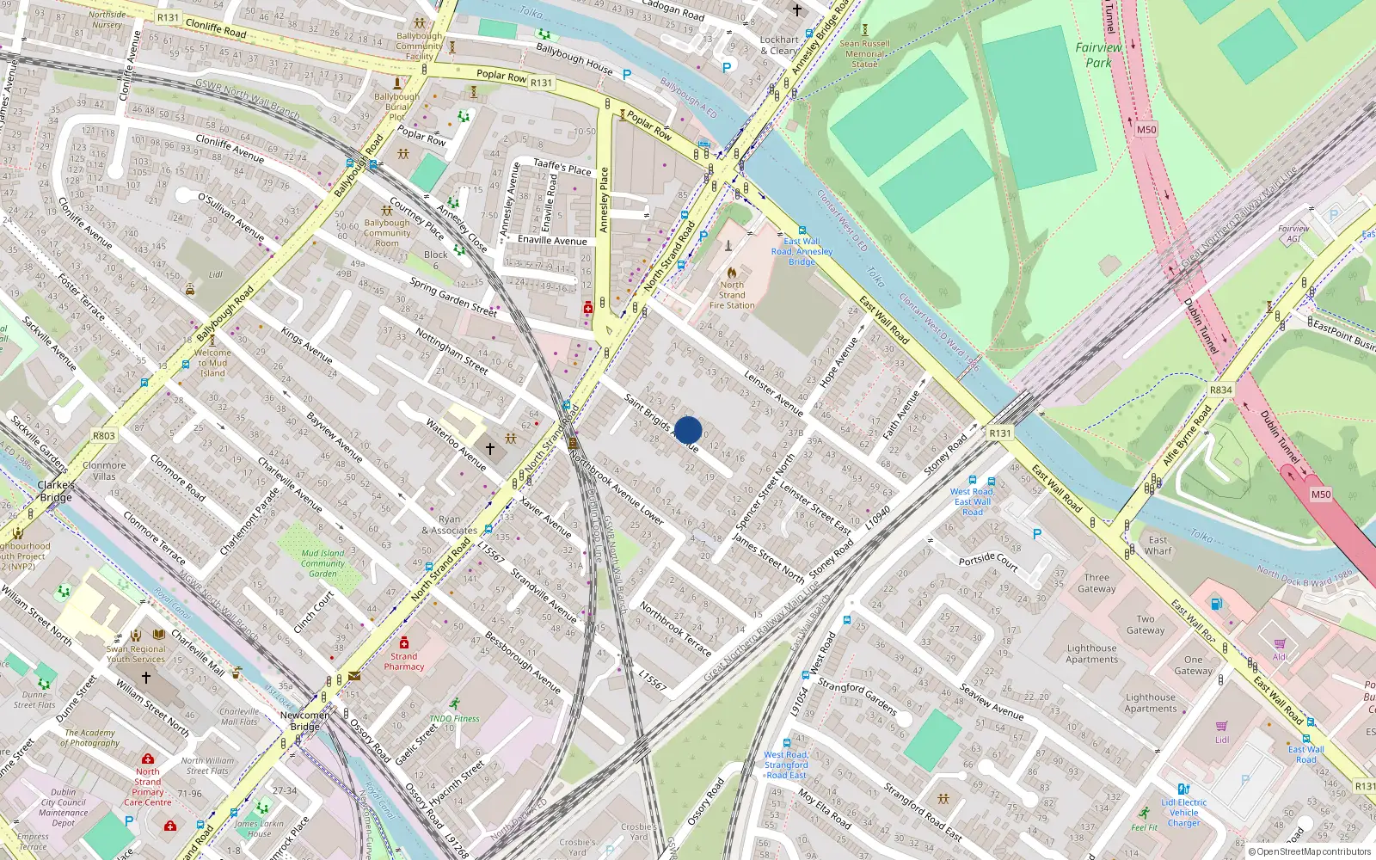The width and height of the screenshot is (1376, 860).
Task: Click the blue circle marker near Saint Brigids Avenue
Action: tap(688, 430)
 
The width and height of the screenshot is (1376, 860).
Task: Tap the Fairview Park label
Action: tap(1098, 55)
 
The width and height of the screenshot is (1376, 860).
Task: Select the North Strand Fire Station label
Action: tap(732, 295)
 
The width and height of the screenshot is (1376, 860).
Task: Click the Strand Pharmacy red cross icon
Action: tap(404, 642)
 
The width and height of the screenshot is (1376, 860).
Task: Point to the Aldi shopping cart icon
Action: tap(1280, 643)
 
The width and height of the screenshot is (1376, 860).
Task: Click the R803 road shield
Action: tap(104, 436)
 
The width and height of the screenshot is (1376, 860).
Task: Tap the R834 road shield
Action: tap(1220, 390)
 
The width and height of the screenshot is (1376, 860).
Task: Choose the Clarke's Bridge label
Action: tap(56, 491)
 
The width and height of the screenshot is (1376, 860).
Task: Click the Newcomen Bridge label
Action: tap(304, 721)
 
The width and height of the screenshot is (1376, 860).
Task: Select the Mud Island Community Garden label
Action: tap(322, 563)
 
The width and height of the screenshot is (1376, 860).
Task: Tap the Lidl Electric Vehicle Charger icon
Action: tap(1183, 789)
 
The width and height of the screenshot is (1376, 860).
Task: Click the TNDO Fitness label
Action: tap(454, 719)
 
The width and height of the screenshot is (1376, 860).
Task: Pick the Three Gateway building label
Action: tap(1096, 583)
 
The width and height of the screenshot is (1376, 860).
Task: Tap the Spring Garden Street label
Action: tap(453, 298)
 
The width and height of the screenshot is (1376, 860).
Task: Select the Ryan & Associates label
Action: tap(449, 525)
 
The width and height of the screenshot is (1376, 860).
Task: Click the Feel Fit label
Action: tap(1144, 827)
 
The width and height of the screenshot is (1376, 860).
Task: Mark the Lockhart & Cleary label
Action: tap(779, 45)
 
